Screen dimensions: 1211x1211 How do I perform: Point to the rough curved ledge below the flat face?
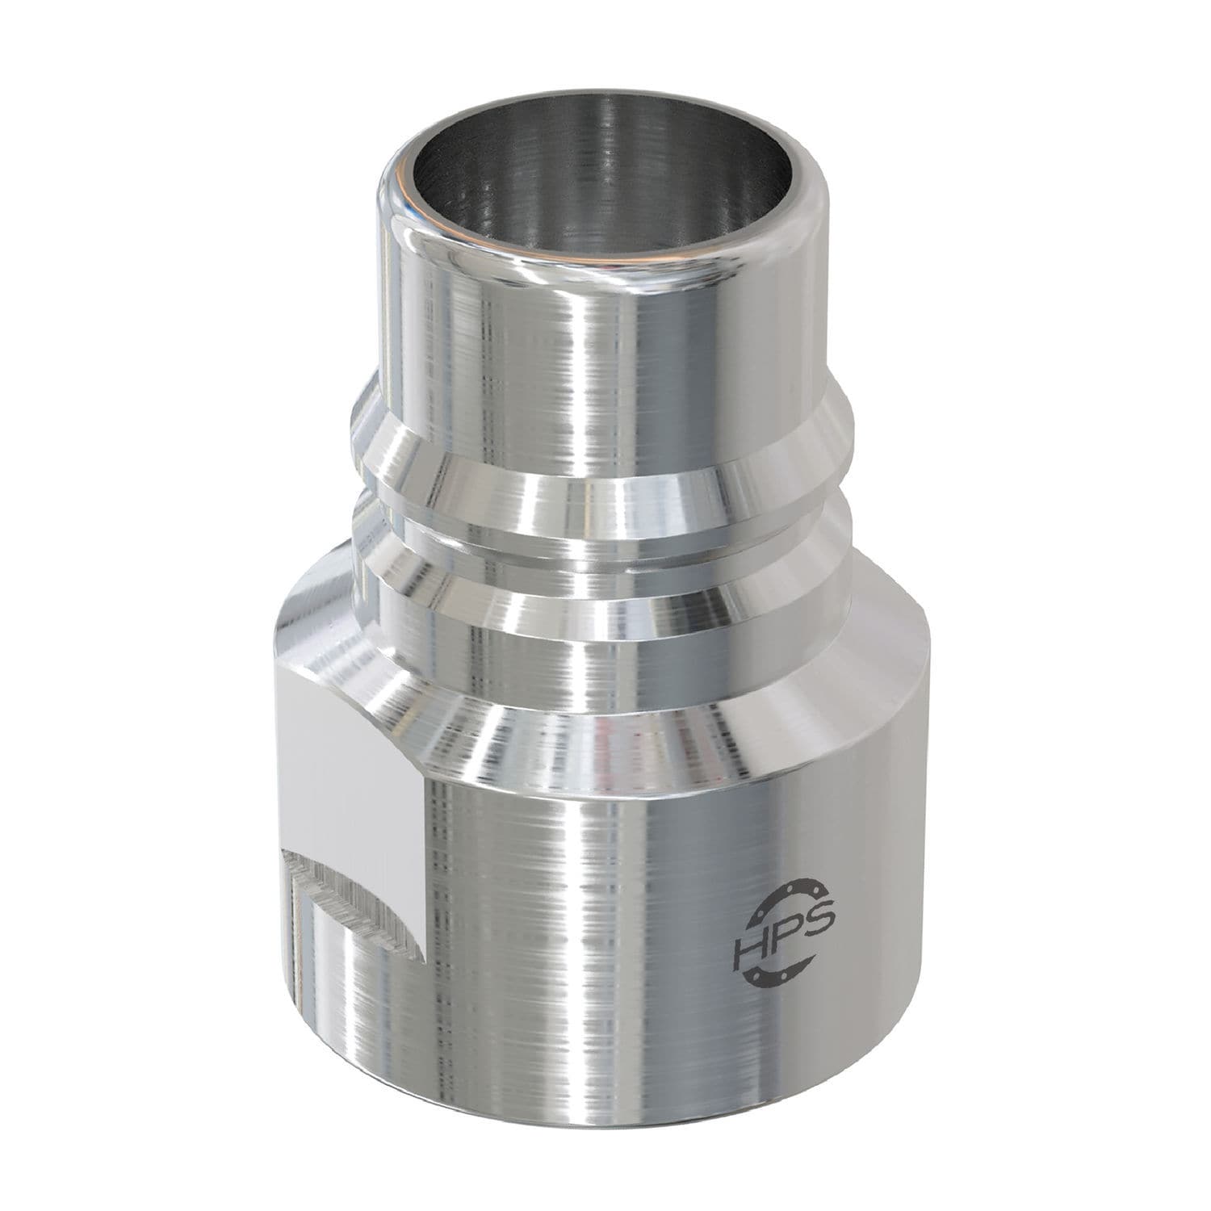click(355, 896)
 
